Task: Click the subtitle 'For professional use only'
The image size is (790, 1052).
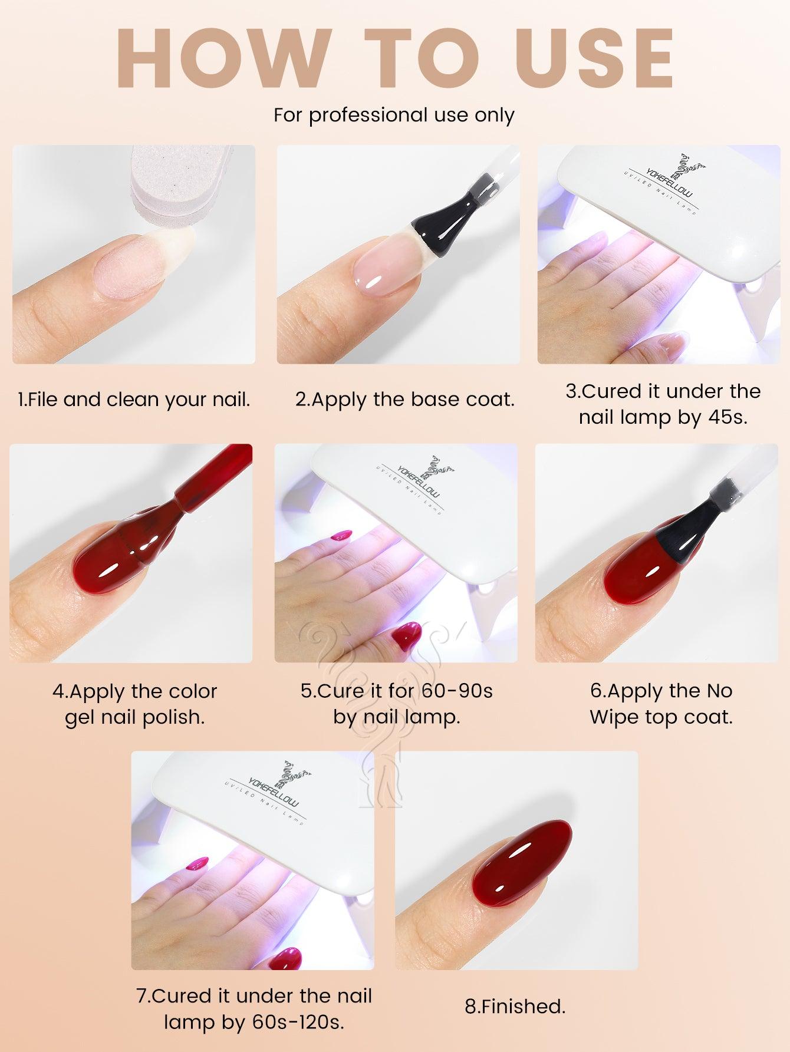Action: tap(394, 115)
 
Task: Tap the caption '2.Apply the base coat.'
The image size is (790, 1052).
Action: tap(404, 400)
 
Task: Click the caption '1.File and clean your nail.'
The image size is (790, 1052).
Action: tap(134, 400)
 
